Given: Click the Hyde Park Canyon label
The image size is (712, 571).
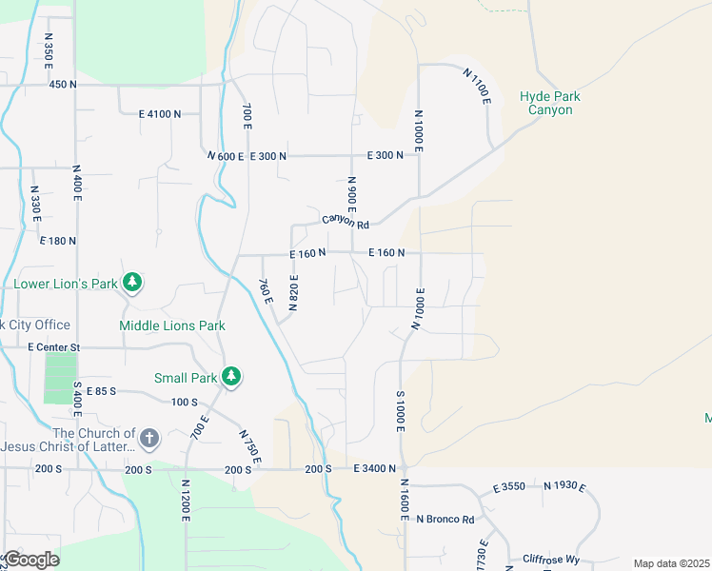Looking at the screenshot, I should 550,103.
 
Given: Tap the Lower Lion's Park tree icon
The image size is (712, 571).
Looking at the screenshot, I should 134,283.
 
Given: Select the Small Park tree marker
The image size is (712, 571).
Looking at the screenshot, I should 230,377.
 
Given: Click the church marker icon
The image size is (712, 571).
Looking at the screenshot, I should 148,439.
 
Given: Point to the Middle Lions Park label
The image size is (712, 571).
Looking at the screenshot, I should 172,325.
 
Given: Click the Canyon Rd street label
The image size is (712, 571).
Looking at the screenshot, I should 345,221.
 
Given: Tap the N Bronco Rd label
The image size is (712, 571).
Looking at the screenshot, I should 445,519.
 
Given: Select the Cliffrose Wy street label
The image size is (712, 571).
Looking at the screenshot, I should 551,559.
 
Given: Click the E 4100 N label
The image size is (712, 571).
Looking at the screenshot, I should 159,114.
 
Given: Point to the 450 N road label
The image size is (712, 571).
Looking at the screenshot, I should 62,85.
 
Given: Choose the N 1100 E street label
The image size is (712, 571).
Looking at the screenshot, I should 477,86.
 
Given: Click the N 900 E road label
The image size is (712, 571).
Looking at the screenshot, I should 351,194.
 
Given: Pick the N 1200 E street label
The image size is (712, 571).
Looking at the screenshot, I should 185,499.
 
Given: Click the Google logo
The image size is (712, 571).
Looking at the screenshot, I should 31,559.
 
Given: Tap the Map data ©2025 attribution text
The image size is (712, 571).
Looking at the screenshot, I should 671,563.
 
